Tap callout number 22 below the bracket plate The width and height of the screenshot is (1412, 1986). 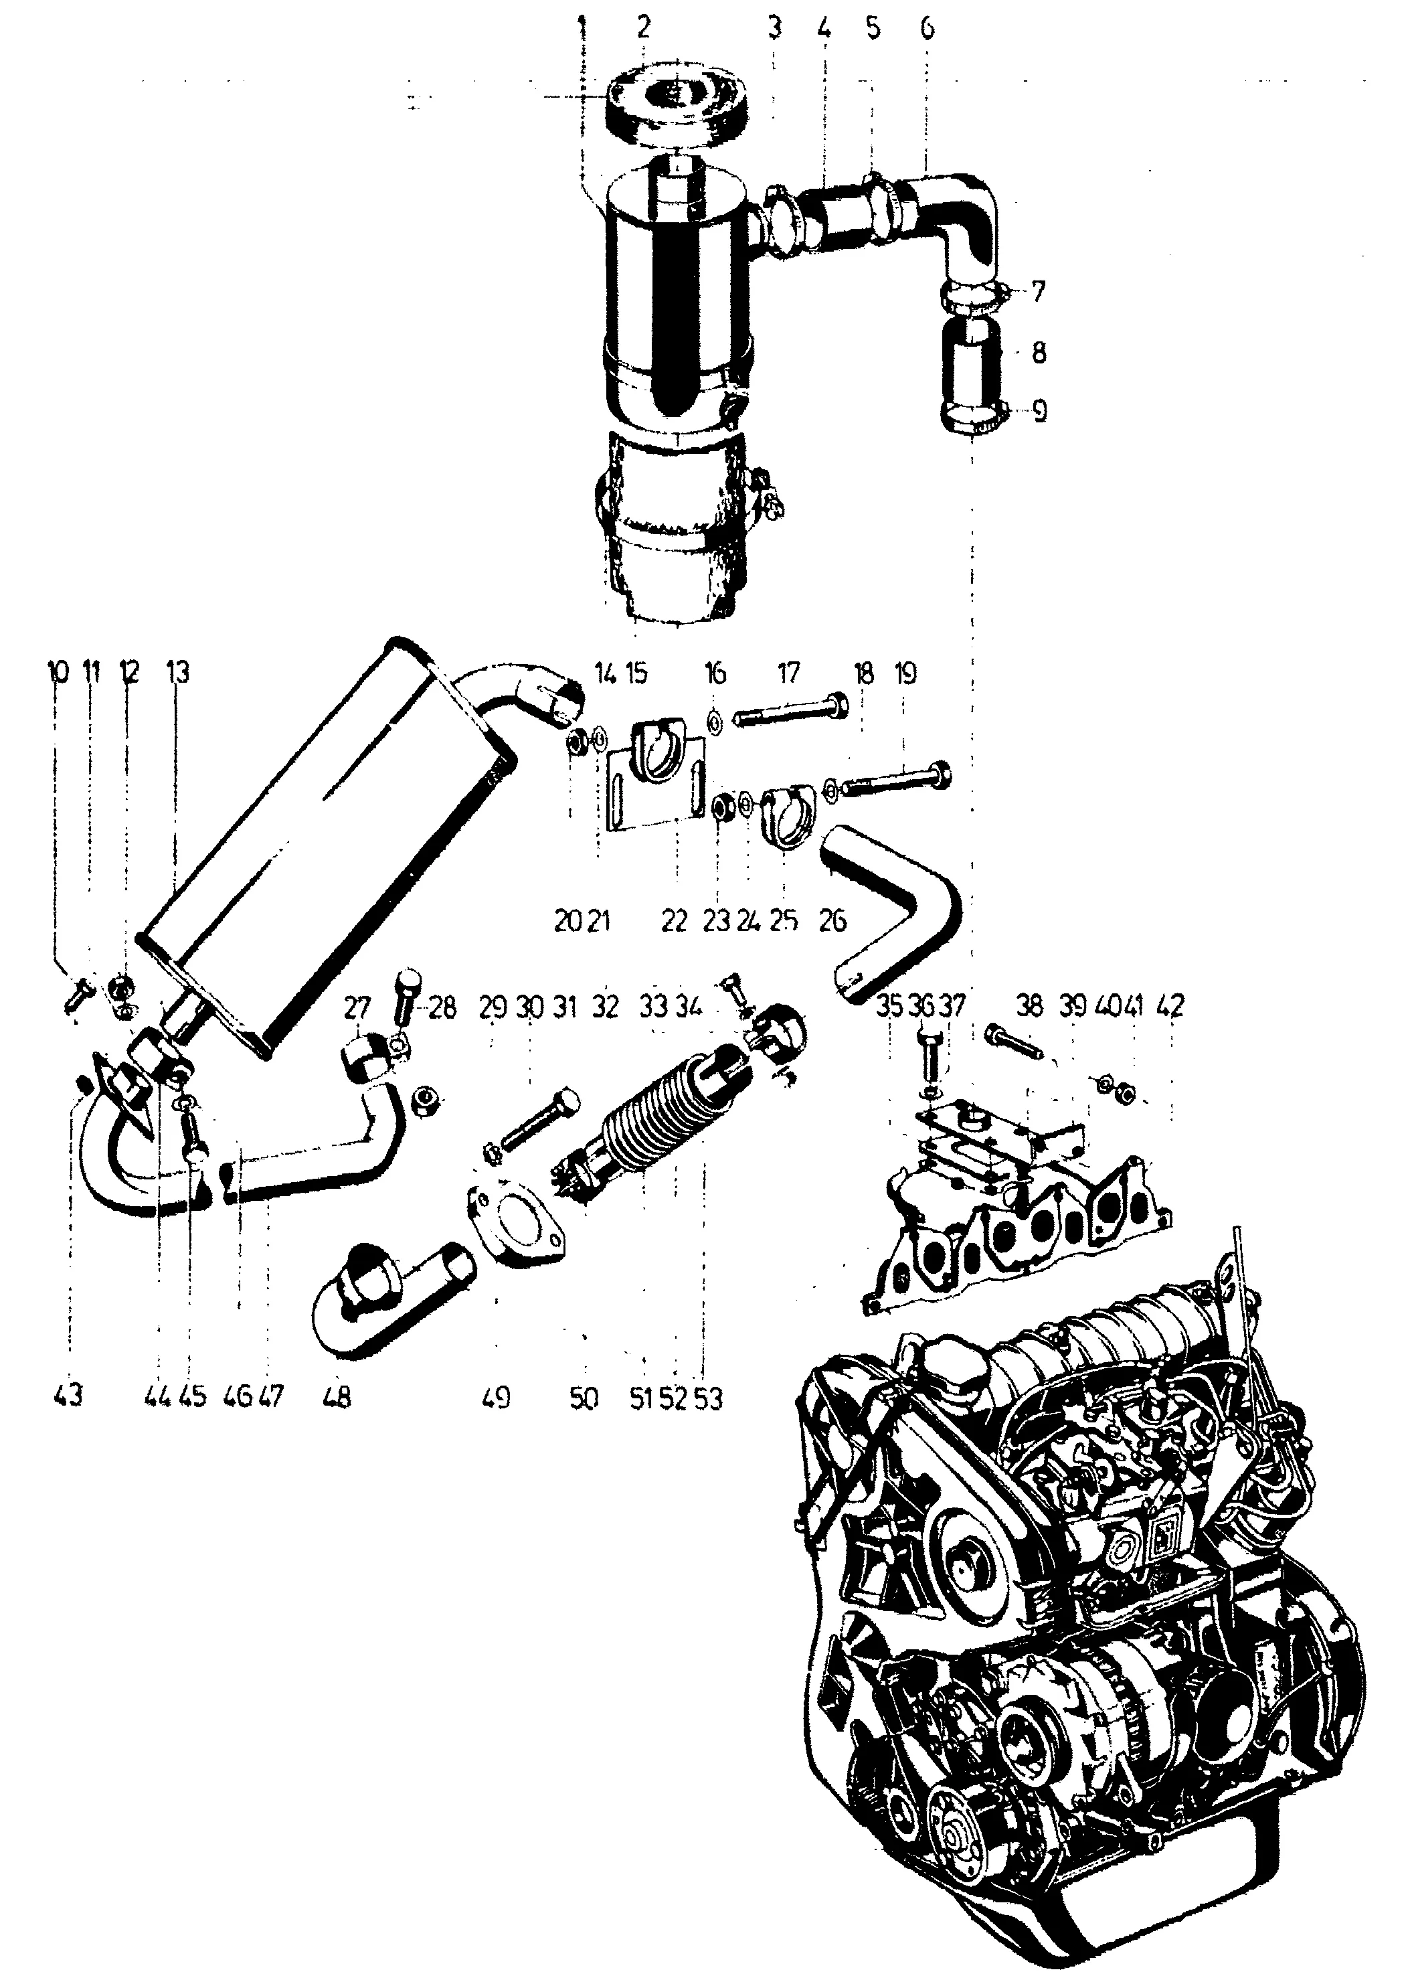(x=674, y=922)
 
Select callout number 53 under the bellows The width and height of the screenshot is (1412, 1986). (x=709, y=1399)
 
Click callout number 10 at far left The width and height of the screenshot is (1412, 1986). (x=58, y=672)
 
